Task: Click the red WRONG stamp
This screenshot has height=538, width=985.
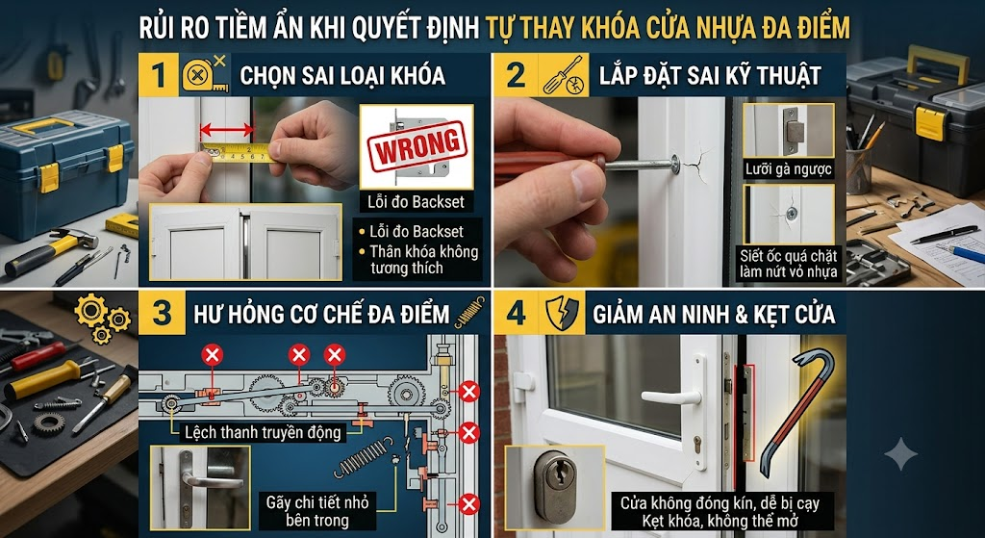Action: tap(417, 146)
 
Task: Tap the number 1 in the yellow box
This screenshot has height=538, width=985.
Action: tap(159, 75)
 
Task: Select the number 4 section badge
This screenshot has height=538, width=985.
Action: tap(516, 313)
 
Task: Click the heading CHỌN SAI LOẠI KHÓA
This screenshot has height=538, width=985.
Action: tap(342, 76)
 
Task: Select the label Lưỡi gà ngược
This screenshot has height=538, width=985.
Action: tap(789, 169)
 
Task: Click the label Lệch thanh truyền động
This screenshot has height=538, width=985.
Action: tap(263, 432)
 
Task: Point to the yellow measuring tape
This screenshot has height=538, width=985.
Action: tap(240, 151)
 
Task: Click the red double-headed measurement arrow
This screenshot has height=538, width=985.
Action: tap(227, 131)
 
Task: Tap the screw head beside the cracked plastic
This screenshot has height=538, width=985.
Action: tap(674, 165)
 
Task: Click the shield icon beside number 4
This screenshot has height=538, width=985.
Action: tap(562, 313)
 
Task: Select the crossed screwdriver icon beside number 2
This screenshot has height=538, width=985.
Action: tap(564, 75)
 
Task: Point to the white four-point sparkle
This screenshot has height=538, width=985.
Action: tap(901, 453)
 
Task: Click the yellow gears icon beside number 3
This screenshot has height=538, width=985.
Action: tap(102, 319)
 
